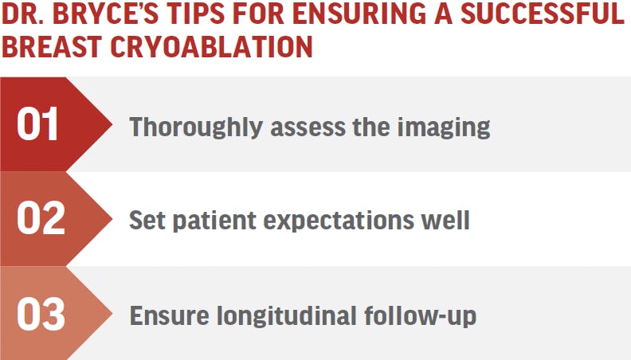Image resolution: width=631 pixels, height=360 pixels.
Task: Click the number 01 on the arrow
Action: (37, 124)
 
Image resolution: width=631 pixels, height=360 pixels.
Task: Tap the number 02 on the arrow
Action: (41, 218)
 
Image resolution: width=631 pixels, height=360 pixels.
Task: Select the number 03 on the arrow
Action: (41, 314)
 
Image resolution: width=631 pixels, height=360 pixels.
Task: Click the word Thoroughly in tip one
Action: (195, 127)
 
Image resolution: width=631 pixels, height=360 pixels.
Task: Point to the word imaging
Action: (444, 127)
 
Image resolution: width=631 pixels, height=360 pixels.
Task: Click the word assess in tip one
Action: (308, 127)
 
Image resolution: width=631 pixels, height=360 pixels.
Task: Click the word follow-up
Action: (420, 315)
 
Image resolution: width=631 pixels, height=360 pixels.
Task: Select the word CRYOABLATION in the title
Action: (211, 47)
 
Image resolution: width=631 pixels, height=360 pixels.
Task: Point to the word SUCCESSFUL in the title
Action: (542, 14)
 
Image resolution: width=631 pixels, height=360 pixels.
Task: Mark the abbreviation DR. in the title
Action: (24, 14)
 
